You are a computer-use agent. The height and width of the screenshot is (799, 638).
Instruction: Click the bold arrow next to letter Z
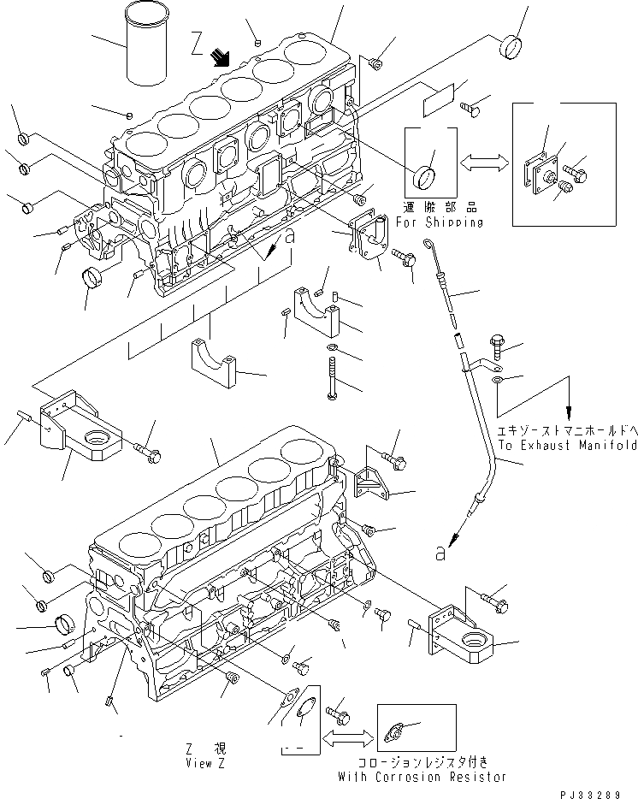(222, 57)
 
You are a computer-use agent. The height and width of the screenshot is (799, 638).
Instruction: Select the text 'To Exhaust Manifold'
(568, 446)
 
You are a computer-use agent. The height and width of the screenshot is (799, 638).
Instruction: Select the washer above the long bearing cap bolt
(331, 348)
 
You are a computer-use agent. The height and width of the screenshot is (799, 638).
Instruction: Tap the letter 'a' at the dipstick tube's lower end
(440, 554)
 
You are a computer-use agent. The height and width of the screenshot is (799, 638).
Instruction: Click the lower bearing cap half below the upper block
(210, 364)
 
